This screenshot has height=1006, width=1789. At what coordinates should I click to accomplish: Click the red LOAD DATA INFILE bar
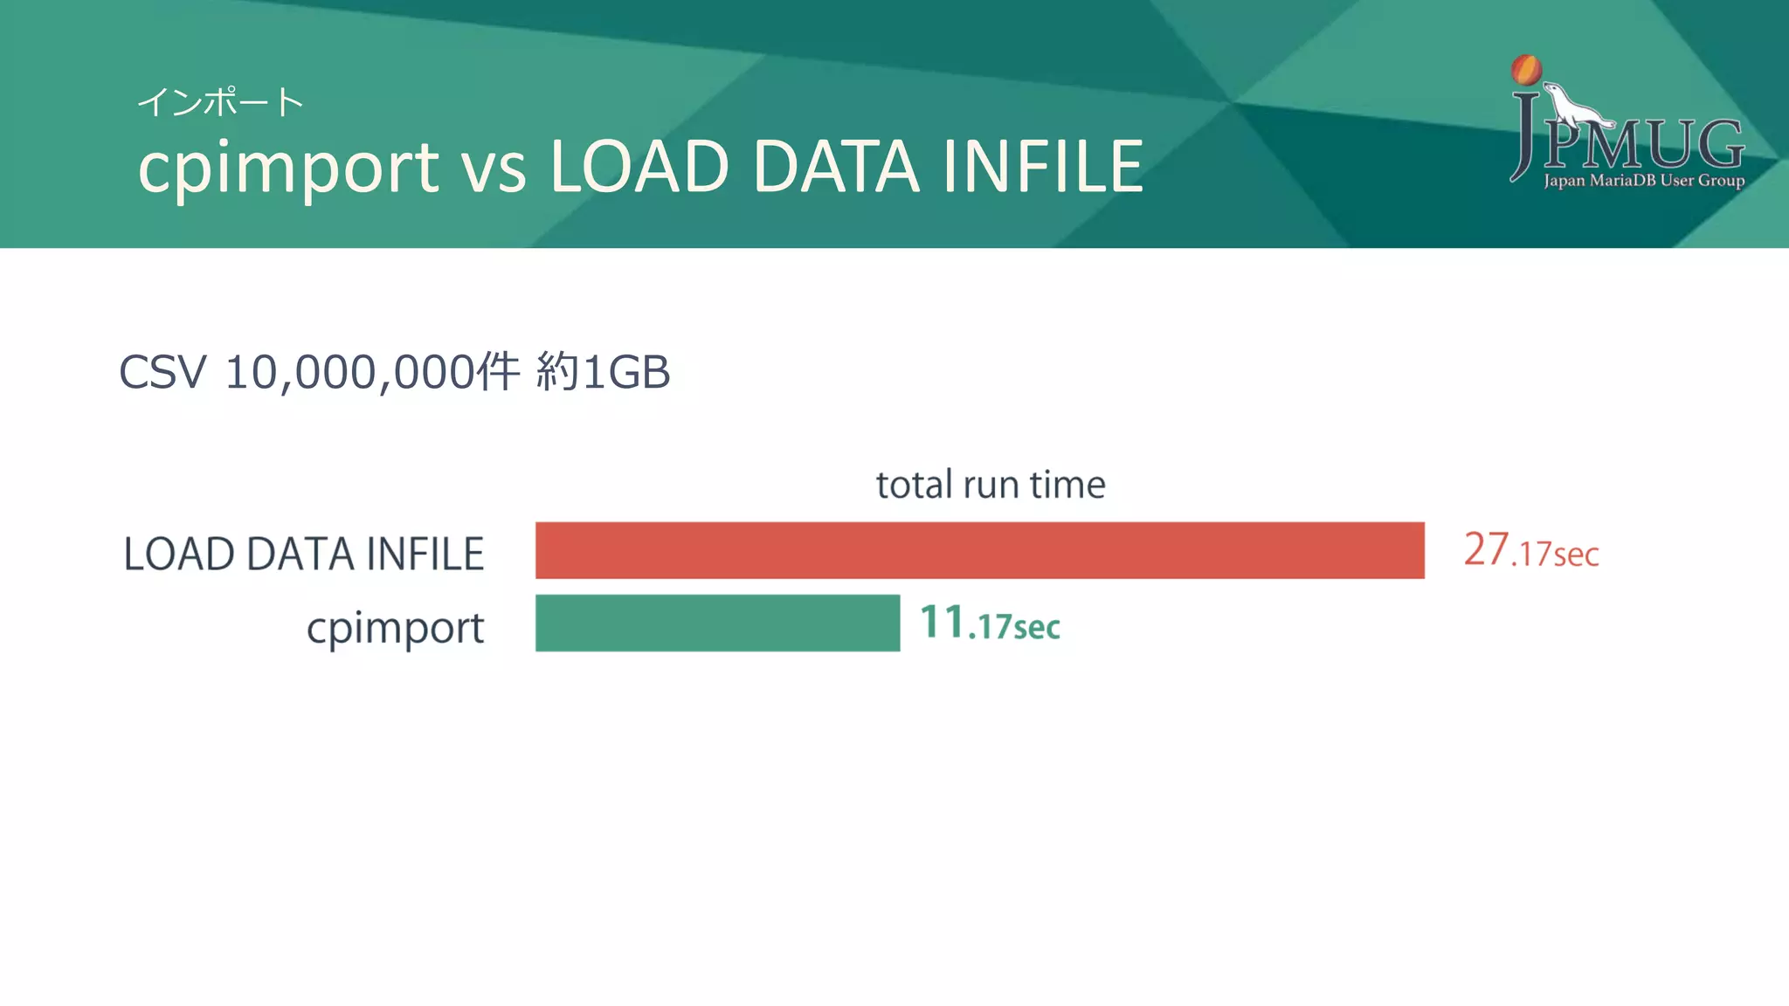[x=979, y=550]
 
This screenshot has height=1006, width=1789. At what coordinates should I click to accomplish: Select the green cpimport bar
[x=717, y=623]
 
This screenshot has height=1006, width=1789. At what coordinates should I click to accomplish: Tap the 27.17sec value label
[x=1530, y=551]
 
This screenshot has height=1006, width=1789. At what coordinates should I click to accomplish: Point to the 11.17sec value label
[x=990, y=624]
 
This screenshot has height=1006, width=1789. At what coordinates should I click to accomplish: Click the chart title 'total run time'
[x=991, y=485]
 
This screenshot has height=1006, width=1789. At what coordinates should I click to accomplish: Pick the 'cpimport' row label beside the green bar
[x=395, y=628]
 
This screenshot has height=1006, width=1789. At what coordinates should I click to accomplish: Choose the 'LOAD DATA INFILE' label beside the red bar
[x=304, y=554]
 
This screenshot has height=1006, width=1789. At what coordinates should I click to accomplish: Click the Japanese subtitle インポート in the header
[x=220, y=102]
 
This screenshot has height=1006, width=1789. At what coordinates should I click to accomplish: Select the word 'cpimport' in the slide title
[x=288, y=168]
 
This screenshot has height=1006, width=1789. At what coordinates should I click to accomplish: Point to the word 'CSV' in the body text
[x=162, y=372]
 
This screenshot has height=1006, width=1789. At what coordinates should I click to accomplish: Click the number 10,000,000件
[x=372, y=372]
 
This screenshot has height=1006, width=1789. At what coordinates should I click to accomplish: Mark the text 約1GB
[x=603, y=372]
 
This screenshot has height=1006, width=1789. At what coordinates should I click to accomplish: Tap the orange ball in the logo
[x=1526, y=70]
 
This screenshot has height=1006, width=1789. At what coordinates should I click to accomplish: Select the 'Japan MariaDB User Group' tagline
[x=1644, y=181]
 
